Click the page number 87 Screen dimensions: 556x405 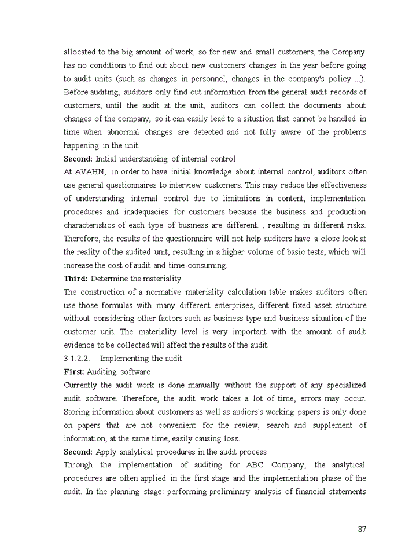(362, 529)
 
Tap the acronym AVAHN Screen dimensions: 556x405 (89, 172)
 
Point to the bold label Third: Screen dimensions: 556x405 (75, 279)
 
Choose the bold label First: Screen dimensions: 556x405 (73, 372)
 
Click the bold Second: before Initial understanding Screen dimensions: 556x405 (78, 159)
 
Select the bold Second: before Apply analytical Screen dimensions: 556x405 (78, 452)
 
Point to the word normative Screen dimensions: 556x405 (165, 292)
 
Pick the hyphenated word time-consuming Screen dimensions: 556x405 (197, 265)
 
